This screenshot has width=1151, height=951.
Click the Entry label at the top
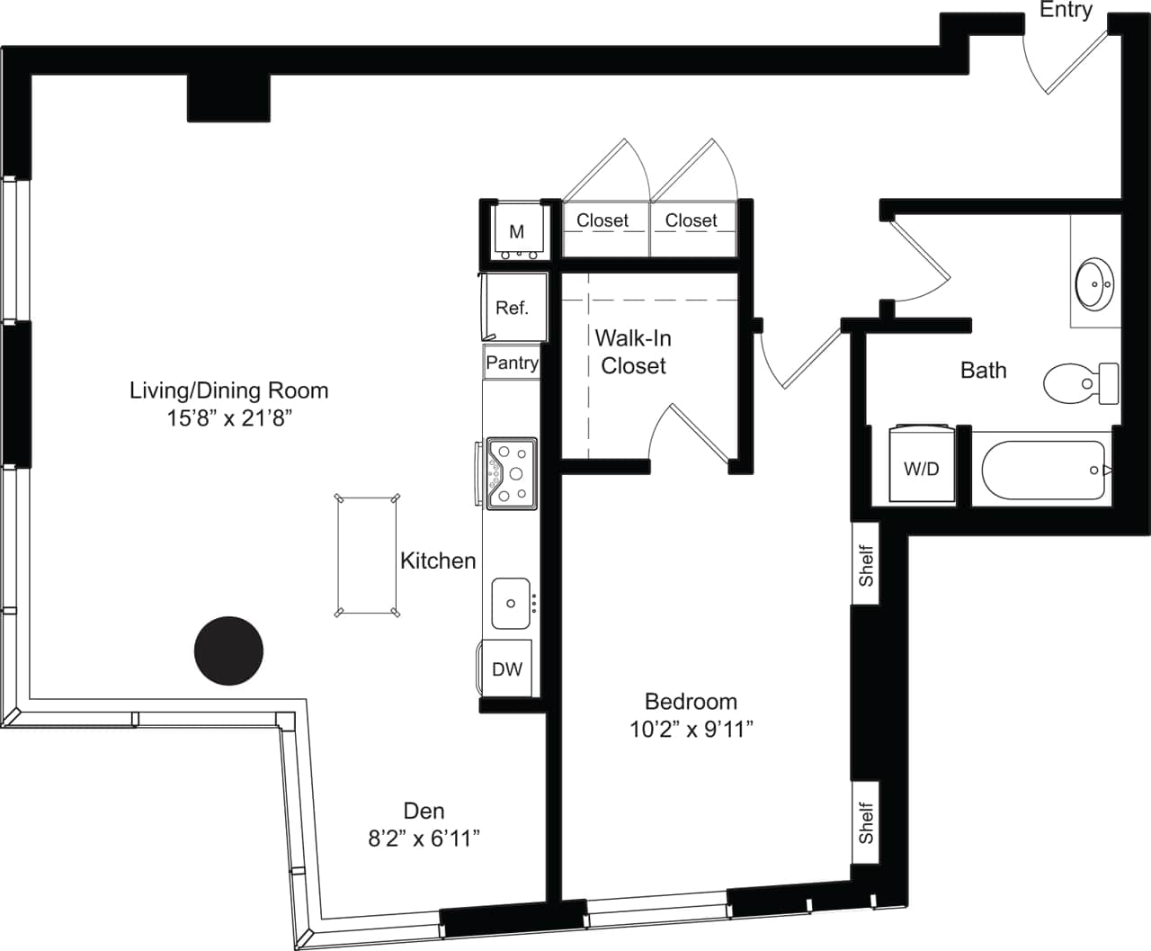(1066, 10)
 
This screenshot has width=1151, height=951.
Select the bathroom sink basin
(1094, 283)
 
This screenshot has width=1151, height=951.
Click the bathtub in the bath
(1042, 470)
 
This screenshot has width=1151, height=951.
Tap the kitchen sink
(511, 603)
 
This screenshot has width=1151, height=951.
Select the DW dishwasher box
(507, 668)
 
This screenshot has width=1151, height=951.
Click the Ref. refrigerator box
(513, 308)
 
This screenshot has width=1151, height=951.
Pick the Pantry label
(512, 363)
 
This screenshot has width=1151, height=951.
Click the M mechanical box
(516, 231)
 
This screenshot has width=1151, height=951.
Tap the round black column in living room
(228, 650)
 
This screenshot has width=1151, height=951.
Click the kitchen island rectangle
(366, 555)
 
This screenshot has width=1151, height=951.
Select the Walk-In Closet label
(633, 352)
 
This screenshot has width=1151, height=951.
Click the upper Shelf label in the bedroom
(866, 565)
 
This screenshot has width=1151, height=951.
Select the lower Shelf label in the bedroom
(866, 823)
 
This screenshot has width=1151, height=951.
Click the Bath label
(983, 370)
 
